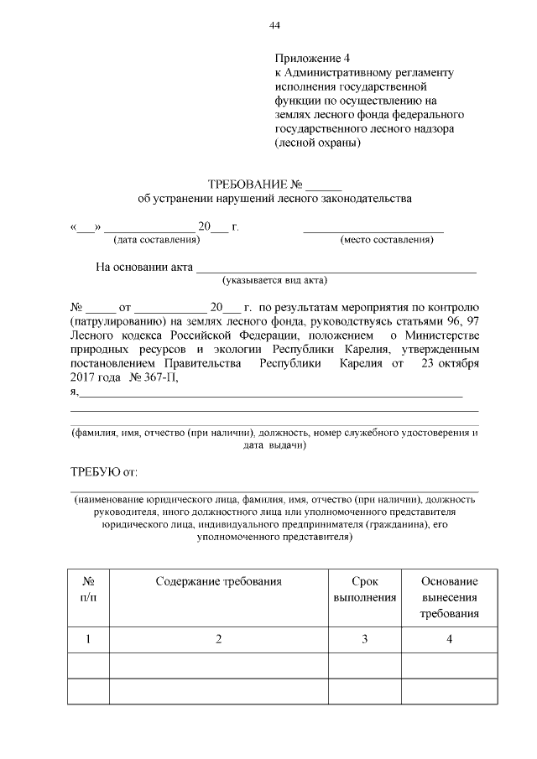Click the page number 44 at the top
pos(274,25)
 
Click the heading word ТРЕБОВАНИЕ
pos(248,185)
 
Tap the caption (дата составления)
pos(156,240)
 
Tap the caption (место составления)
pos(386,240)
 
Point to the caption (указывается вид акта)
pos(274,280)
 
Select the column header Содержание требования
pos(218,580)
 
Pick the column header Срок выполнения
pos(364,589)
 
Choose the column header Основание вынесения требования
pos(449,597)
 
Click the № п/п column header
pos(88,589)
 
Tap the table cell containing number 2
pos(218,640)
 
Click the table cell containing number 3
pos(364,640)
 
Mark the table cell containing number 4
pos(449,640)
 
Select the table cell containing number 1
pos(88,640)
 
